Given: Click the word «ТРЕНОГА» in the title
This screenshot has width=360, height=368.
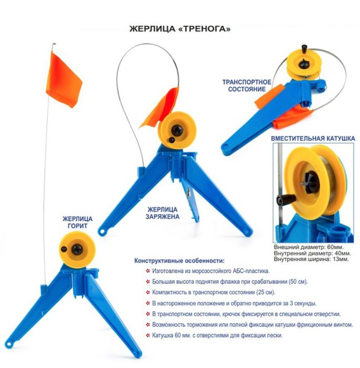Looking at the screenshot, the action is (204, 29).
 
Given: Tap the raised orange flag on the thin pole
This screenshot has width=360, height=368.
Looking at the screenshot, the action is (64, 80).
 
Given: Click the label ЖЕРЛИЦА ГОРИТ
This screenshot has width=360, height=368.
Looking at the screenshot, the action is (77, 222).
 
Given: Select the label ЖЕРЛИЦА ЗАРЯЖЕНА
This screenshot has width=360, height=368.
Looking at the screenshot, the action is (163, 213).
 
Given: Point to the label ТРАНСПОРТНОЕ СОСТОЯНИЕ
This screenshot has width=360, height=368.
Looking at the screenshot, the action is (247, 86).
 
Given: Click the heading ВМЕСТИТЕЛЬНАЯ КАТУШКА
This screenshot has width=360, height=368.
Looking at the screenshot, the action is (313, 138).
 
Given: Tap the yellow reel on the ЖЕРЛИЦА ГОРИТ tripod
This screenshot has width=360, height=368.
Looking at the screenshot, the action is (77, 250).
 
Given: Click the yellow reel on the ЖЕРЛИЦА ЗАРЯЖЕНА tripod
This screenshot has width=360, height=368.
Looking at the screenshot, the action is (177, 130).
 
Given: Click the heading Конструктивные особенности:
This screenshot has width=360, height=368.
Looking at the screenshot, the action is (179, 261).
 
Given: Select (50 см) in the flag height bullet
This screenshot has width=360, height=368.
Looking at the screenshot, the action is (298, 281).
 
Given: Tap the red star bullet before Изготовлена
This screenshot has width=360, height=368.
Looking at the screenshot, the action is (148, 271).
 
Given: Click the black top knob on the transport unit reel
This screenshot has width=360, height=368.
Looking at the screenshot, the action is (305, 48).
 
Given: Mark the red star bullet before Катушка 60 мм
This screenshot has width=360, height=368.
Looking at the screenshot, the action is (148, 335).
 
